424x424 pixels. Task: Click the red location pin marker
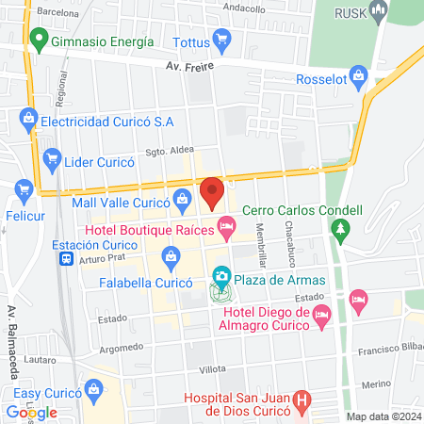click(x=212, y=192)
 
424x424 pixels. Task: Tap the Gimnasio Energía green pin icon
click(x=39, y=41)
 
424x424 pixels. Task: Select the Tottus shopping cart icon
click(x=222, y=39)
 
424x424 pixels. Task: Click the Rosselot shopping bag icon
click(x=357, y=75)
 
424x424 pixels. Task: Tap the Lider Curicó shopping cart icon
click(x=52, y=160)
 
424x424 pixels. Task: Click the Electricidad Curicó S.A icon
click(x=27, y=119)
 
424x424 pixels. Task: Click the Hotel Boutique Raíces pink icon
click(x=225, y=225)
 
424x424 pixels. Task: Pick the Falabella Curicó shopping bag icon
click(x=171, y=254)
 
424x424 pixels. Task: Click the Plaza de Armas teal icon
click(x=221, y=277)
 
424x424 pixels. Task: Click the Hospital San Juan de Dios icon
click(x=302, y=400)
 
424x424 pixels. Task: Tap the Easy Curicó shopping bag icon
click(x=93, y=388)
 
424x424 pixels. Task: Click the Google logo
click(x=32, y=412)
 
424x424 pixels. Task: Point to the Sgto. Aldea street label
click(x=143, y=152)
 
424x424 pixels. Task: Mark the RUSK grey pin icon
click(x=380, y=12)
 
